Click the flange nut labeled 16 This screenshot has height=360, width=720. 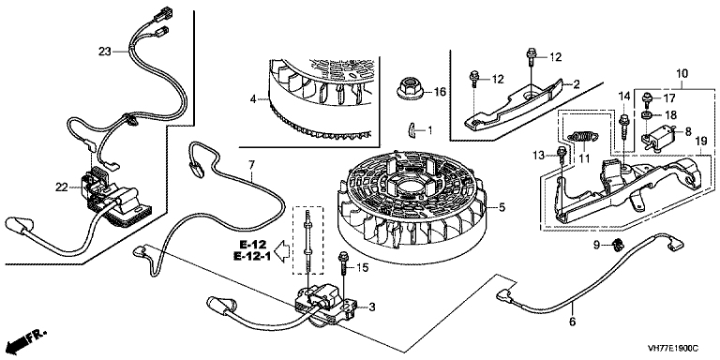(x=410, y=89)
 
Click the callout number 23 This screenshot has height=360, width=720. (x=105, y=52)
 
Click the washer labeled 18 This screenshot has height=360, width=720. (x=646, y=114)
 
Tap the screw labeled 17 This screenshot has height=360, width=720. (x=647, y=99)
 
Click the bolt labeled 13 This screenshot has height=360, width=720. (x=562, y=155)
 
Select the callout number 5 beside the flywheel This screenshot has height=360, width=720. (x=502, y=207)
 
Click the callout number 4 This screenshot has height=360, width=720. (x=253, y=98)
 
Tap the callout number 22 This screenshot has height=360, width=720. (x=62, y=187)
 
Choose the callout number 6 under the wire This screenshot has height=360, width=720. (x=572, y=322)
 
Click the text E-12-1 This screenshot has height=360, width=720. (x=251, y=256)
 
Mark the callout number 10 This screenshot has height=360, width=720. (x=682, y=73)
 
